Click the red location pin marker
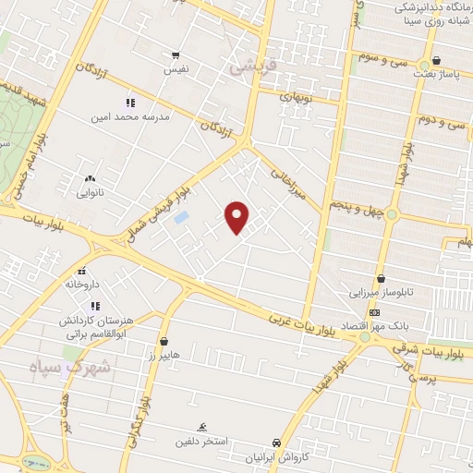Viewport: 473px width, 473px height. [237, 217]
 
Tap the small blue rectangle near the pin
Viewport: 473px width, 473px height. [182, 217]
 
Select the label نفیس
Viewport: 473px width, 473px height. [175, 70]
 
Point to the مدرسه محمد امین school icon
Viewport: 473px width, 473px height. [130, 103]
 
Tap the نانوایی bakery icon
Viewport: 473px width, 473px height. [90, 178]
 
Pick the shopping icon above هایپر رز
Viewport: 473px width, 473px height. [164, 340]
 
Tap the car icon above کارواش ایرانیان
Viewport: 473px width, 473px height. [275, 443]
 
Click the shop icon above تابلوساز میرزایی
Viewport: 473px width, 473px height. [381, 278]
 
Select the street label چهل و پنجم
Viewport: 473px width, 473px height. [357, 211]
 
